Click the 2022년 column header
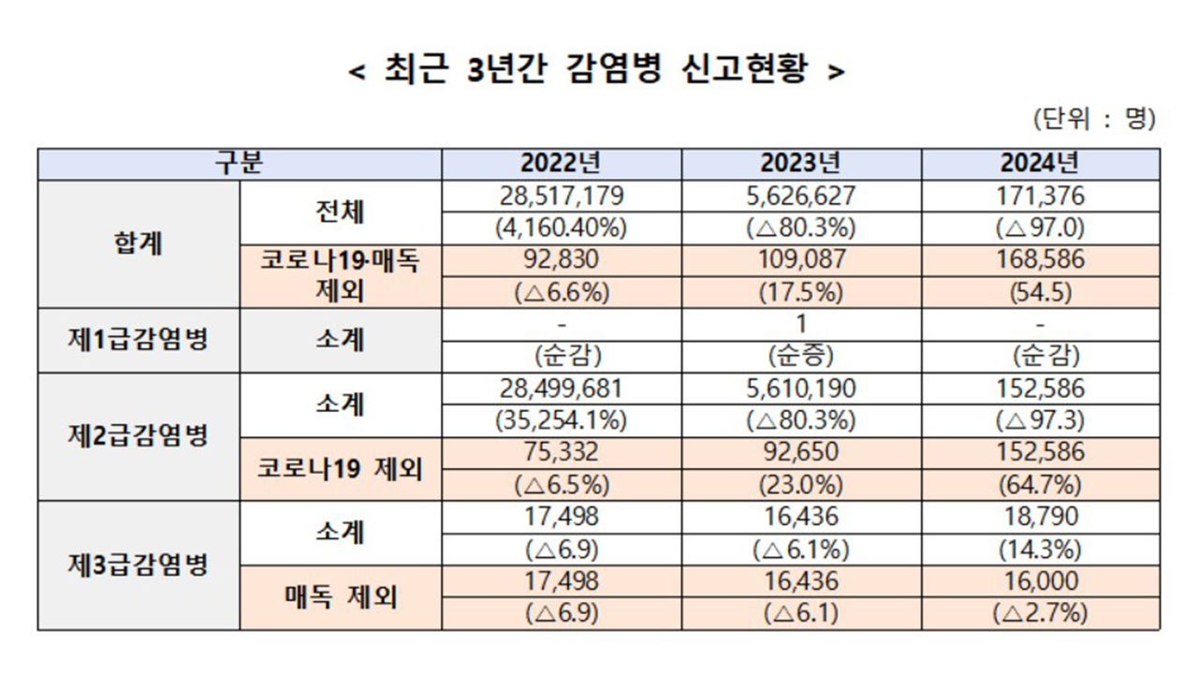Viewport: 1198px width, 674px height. [x=562, y=164]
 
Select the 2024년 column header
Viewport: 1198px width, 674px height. [x=1040, y=164]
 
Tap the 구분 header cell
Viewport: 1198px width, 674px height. [x=240, y=164]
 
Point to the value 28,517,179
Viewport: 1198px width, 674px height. [x=562, y=196]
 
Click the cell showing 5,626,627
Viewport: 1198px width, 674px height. [x=801, y=196]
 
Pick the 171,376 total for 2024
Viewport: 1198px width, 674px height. [x=1040, y=196]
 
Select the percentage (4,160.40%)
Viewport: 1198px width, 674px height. [x=562, y=227]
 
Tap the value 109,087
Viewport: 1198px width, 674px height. [x=801, y=259]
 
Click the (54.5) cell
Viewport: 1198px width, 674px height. [x=1040, y=291]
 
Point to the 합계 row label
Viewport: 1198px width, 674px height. [x=139, y=243]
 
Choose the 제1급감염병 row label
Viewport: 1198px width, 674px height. [x=139, y=339]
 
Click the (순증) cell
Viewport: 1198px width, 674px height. [x=801, y=356]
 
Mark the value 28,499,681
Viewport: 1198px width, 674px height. [x=562, y=388]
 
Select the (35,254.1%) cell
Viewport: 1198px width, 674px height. [x=562, y=420]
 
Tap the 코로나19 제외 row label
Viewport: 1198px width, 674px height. [x=341, y=468]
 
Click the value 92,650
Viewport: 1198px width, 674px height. [x=801, y=452]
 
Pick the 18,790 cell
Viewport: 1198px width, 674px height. [x=1040, y=516]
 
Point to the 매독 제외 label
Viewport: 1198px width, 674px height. [x=341, y=596]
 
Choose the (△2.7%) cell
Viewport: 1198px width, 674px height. [x=1040, y=613]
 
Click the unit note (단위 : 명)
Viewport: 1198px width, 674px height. [x=1094, y=119]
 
